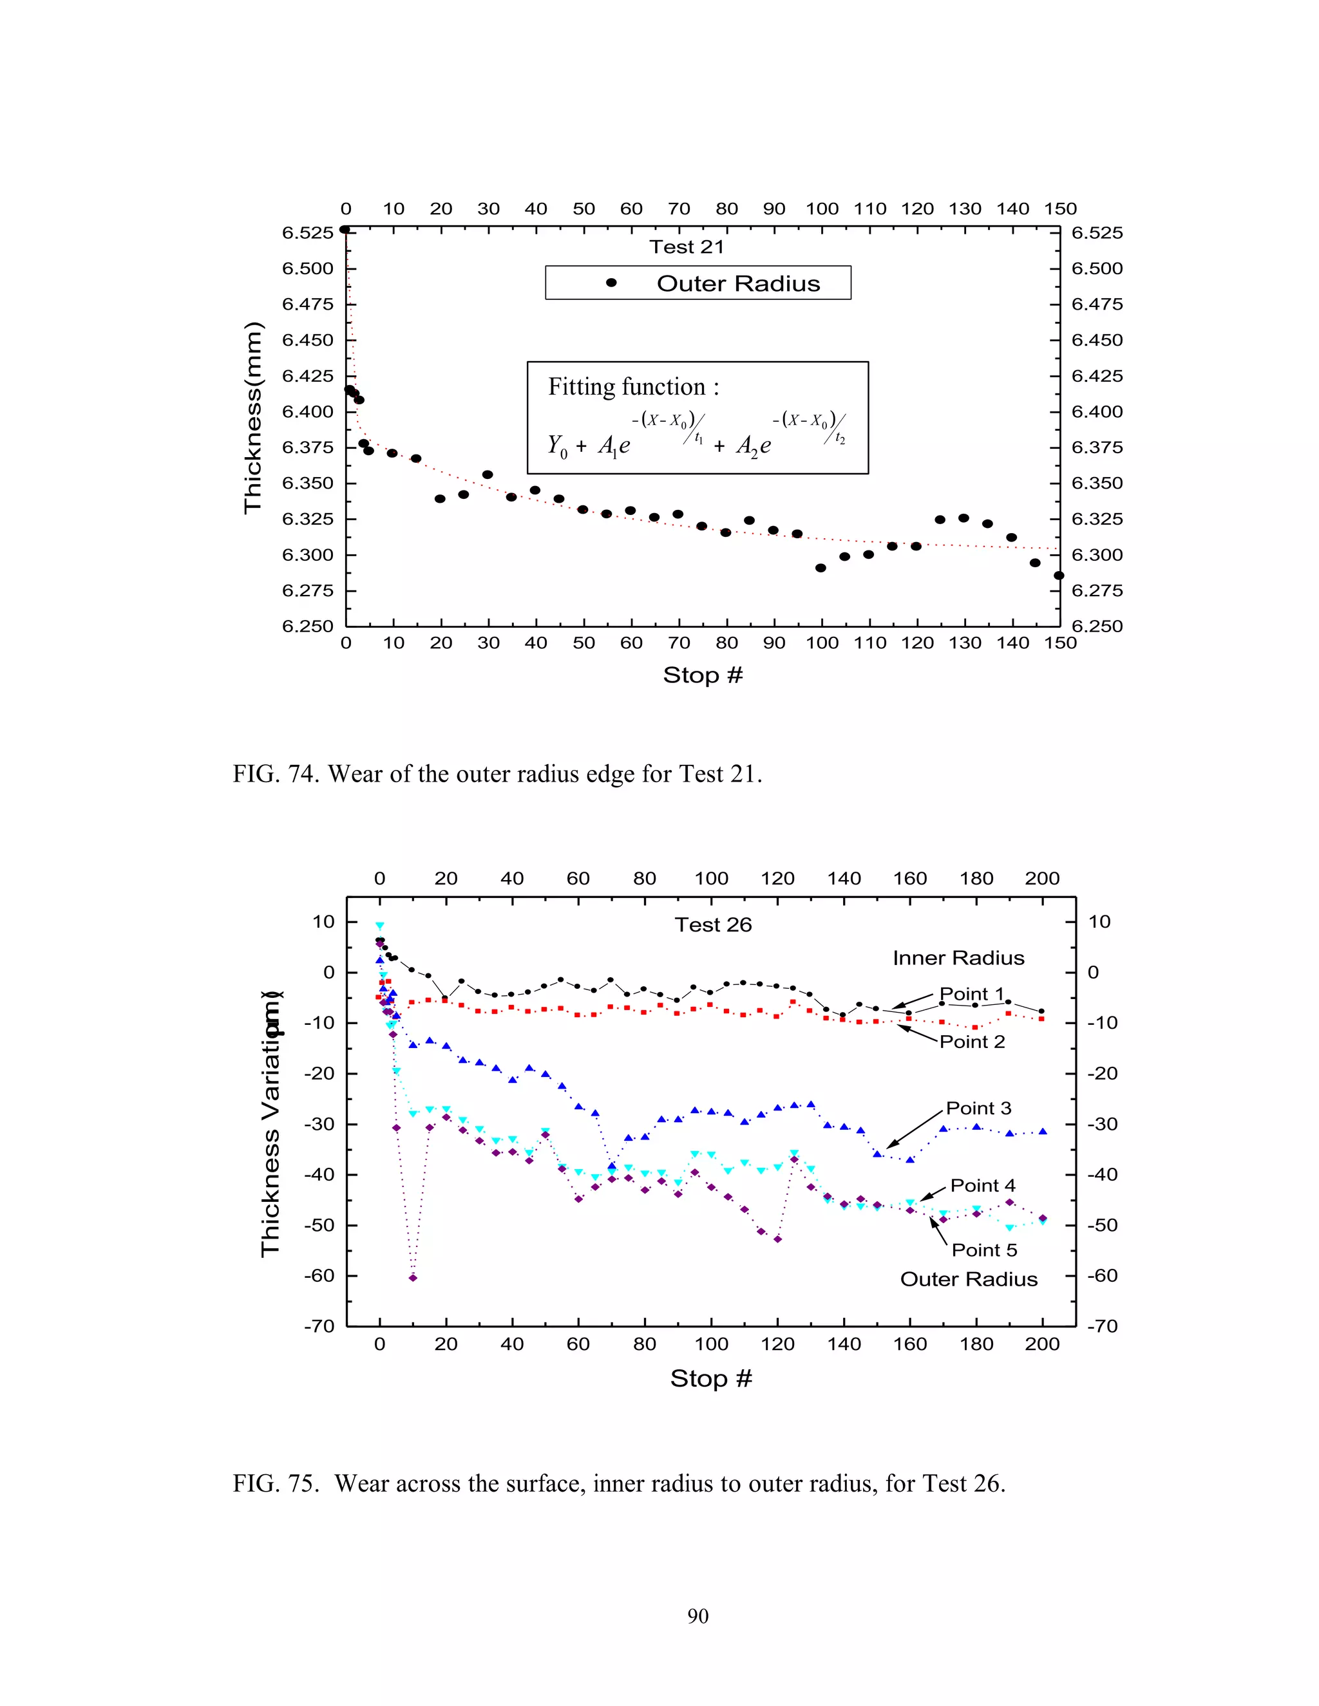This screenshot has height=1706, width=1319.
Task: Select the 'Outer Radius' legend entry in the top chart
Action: tap(737, 283)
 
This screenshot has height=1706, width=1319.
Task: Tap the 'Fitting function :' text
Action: tap(633, 387)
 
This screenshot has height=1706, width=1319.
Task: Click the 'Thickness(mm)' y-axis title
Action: tap(253, 417)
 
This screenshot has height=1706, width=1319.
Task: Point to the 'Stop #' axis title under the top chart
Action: tap(703, 675)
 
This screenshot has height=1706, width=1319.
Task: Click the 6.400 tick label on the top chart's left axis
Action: tap(307, 411)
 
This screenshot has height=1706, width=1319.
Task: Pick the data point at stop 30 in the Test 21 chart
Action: tap(488, 474)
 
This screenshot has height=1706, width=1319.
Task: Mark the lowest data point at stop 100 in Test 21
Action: tap(821, 568)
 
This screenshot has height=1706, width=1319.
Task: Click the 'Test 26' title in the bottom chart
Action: tap(713, 925)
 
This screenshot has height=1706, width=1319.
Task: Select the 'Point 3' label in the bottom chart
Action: tap(978, 1109)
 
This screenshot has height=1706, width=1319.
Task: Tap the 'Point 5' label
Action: tap(984, 1250)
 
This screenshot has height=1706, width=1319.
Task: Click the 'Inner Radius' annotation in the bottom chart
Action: tap(958, 959)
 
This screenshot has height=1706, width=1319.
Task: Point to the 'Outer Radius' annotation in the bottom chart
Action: tap(968, 1279)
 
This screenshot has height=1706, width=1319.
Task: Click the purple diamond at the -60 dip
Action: tap(413, 1278)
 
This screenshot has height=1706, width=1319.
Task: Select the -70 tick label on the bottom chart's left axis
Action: tap(319, 1326)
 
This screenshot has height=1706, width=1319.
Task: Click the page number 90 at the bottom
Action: tap(697, 1616)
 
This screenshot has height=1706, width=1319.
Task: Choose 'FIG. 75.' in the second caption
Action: tap(276, 1483)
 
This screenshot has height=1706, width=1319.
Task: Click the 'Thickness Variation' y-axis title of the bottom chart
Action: tap(270, 1125)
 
